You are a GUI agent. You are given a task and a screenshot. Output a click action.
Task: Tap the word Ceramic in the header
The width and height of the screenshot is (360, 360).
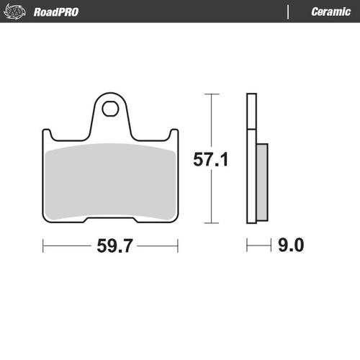pyautogui.click(x=330, y=12)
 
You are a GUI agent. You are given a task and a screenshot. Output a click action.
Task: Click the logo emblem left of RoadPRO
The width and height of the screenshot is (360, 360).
pyautogui.click(x=18, y=12)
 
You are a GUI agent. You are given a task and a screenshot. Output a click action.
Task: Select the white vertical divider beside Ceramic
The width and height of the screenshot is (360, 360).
pyautogui.click(x=287, y=12)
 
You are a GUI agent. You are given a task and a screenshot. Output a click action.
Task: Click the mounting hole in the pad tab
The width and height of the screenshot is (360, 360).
pyautogui.click(x=110, y=110)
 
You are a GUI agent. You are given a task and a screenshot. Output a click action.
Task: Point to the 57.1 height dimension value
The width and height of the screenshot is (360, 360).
pyautogui.click(x=210, y=160)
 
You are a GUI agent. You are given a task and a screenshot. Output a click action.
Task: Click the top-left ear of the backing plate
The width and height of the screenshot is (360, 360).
pyautogui.click(x=49, y=135)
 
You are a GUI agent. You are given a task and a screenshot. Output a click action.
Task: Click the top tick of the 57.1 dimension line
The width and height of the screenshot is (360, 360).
pyautogui.click(x=210, y=94)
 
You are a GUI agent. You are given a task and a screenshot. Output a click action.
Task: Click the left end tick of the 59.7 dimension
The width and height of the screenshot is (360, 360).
pyautogui.click(x=44, y=246)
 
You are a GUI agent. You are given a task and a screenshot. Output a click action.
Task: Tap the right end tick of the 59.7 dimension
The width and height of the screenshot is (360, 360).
pyautogui.click(x=178, y=246)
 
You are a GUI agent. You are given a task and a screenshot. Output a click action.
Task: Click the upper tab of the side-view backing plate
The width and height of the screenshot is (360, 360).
pyautogui.click(x=251, y=112)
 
